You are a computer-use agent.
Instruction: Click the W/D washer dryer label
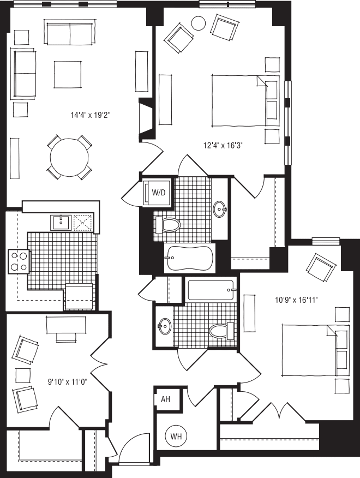click(x=158, y=193)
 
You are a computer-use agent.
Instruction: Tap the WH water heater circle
click(x=176, y=437)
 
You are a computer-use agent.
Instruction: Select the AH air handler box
click(x=165, y=399)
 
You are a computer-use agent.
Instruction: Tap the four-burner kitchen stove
click(x=19, y=261)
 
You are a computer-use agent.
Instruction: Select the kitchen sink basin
click(x=61, y=222)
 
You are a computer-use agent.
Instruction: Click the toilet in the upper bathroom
click(x=169, y=225)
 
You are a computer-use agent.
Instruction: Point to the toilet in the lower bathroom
click(x=221, y=331)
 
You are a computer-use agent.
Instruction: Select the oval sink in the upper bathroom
click(x=220, y=209)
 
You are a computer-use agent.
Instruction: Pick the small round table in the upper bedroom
click(x=198, y=23)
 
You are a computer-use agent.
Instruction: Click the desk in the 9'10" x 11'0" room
click(x=66, y=324)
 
